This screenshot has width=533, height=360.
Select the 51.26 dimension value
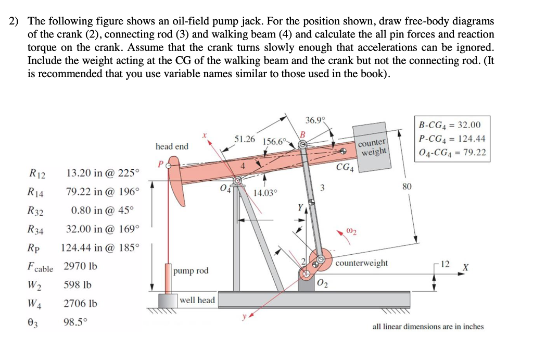point(245,139)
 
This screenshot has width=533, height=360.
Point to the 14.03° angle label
point(265,193)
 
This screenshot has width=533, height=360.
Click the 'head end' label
point(172,146)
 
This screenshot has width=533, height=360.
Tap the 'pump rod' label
point(191,271)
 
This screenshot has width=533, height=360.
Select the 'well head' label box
point(197,300)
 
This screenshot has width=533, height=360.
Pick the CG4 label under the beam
point(346,168)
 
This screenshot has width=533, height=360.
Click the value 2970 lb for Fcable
point(80,267)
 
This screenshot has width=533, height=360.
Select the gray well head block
point(168,302)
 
